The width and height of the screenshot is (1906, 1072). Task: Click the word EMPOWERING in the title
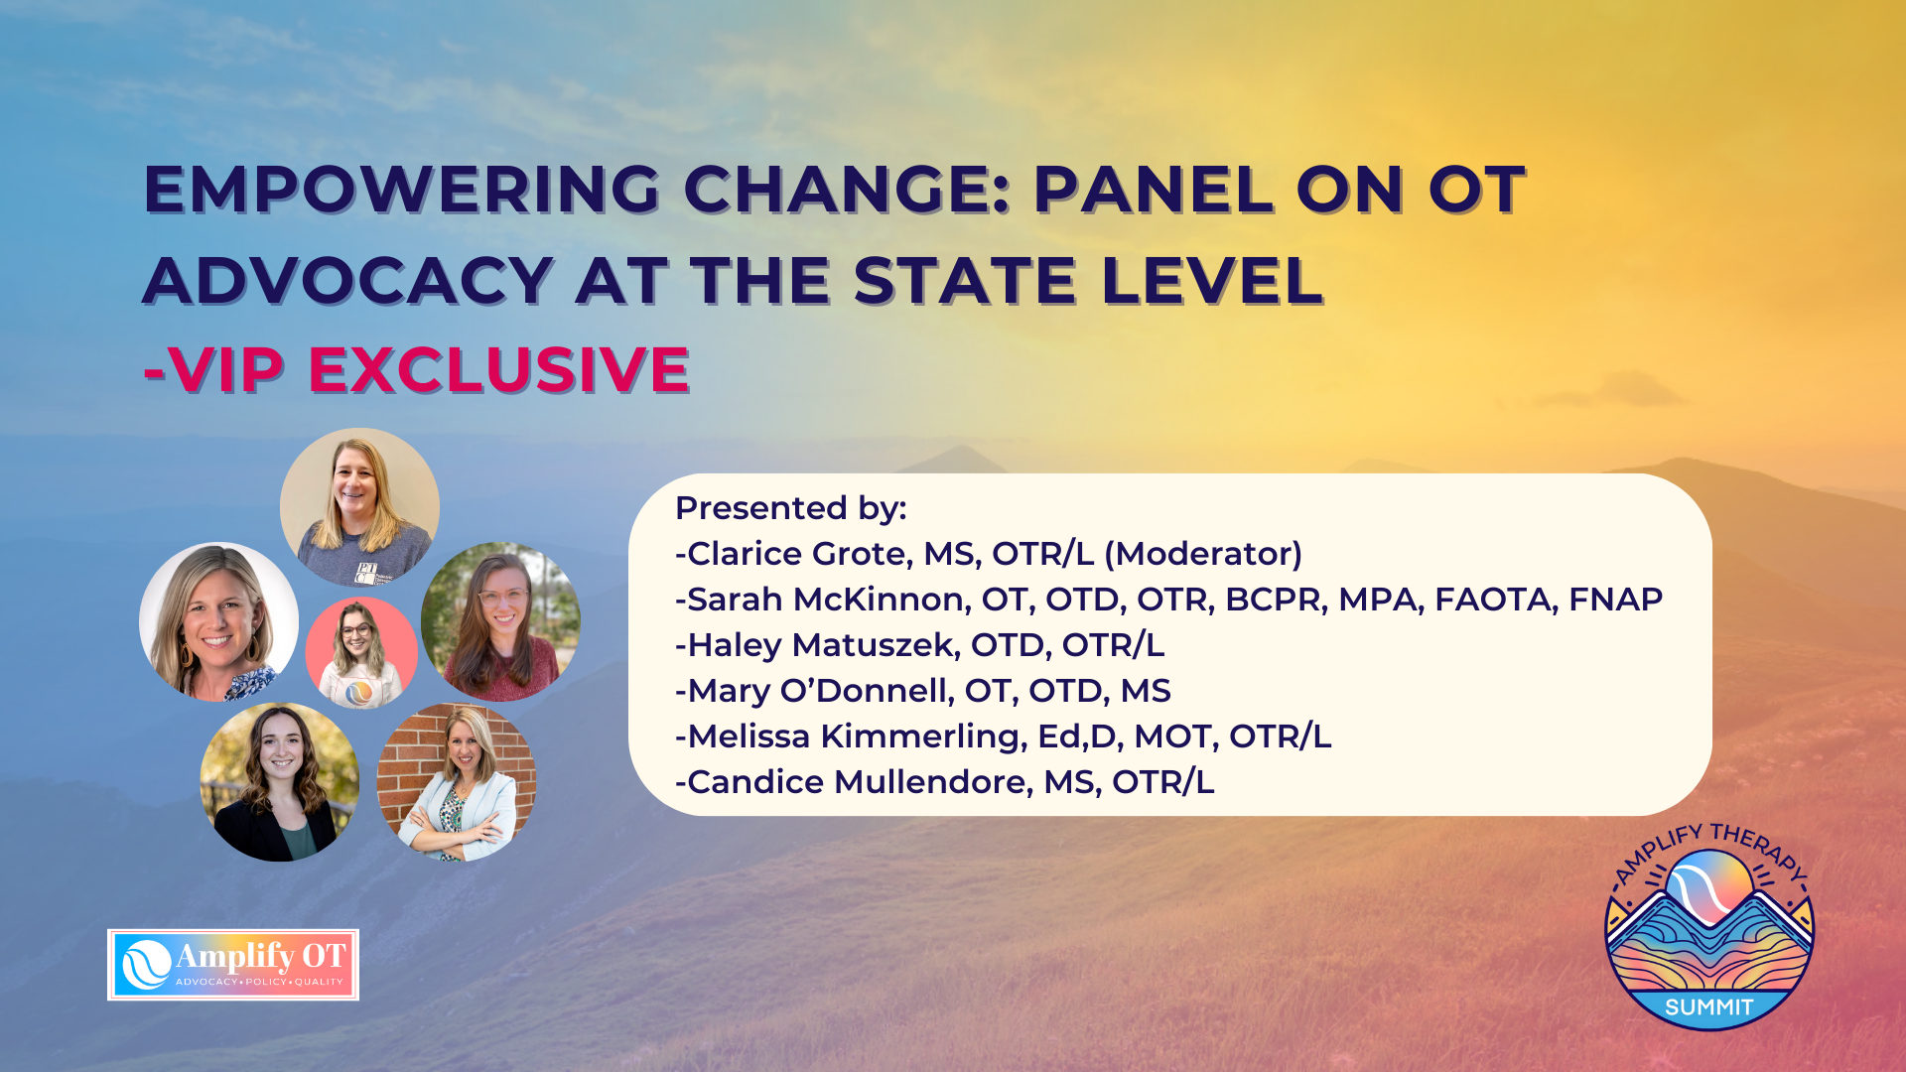[x=402, y=189]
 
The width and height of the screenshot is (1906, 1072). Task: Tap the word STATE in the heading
[x=964, y=280]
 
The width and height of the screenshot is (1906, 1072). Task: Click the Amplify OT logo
[x=233, y=965]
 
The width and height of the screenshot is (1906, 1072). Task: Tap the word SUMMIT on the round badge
[x=1709, y=1007]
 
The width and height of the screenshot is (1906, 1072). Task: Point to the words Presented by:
[x=791, y=509]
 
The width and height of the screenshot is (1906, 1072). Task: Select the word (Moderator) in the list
[x=1209, y=554]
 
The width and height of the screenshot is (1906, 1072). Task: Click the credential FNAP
[x=1615, y=600]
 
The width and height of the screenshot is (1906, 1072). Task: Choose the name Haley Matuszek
[x=823, y=645]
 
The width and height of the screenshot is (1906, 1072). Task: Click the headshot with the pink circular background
[x=361, y=652]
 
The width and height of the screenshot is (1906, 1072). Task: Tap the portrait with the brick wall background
[x=457, y=782]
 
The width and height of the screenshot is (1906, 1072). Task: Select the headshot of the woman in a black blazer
[x=280, y=782]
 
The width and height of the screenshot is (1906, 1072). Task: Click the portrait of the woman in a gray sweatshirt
[x=359, y=507]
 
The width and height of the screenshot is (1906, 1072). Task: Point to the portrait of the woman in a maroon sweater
[x=500, y=621]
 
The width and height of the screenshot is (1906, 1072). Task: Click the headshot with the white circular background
[x=218, y=621]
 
